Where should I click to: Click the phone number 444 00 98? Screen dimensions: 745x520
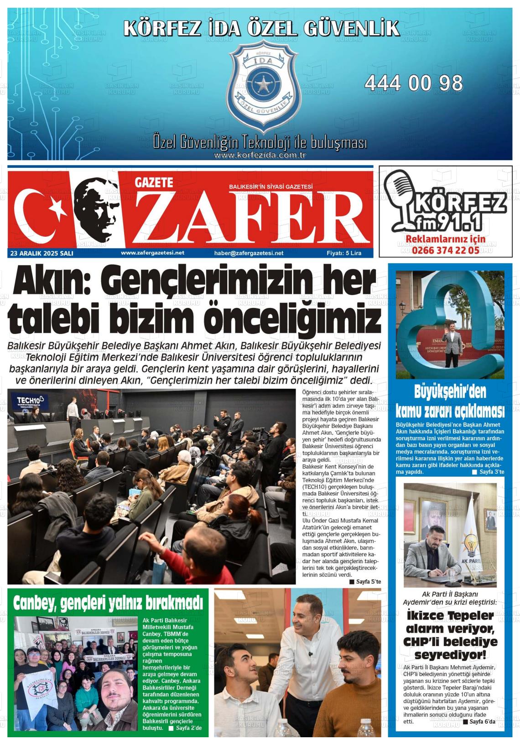pos(413,83)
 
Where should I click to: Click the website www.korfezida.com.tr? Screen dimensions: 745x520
pos(260,155)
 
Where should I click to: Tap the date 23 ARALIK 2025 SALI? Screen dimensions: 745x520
pos(41,253)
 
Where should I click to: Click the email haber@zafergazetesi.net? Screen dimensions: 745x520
pos(249,253)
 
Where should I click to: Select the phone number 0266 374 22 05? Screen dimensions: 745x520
pos(445,250)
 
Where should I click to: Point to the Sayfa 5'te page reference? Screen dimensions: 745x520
pos(365,582)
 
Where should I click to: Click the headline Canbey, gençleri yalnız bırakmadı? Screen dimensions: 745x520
pos(108,603)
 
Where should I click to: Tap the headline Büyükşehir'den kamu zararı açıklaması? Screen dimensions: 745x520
pos(450,401)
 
